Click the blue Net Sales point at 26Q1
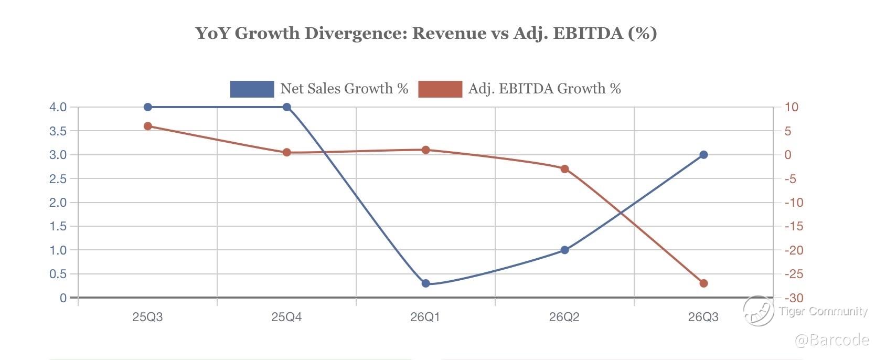coord(425,283)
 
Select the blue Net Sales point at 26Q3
coord(703,155)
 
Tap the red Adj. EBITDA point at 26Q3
coord(703,283)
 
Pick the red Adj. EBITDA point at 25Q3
coord(147,126)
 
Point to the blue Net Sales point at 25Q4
coord(286,107)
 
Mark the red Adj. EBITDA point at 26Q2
coord(564,169)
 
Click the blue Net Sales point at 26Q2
coord(564,250)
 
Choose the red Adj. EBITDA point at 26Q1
coord(425,150)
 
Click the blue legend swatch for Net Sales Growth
coord(252,89)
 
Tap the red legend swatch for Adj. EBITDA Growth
coord(440,89)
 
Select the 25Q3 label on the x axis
coord(147,317)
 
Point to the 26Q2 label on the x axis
coord(564,317)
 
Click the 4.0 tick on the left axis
coord(58,107)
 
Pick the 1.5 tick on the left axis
coord(58,226)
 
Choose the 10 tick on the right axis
coord(791,107)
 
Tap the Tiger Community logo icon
coord(758,310)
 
